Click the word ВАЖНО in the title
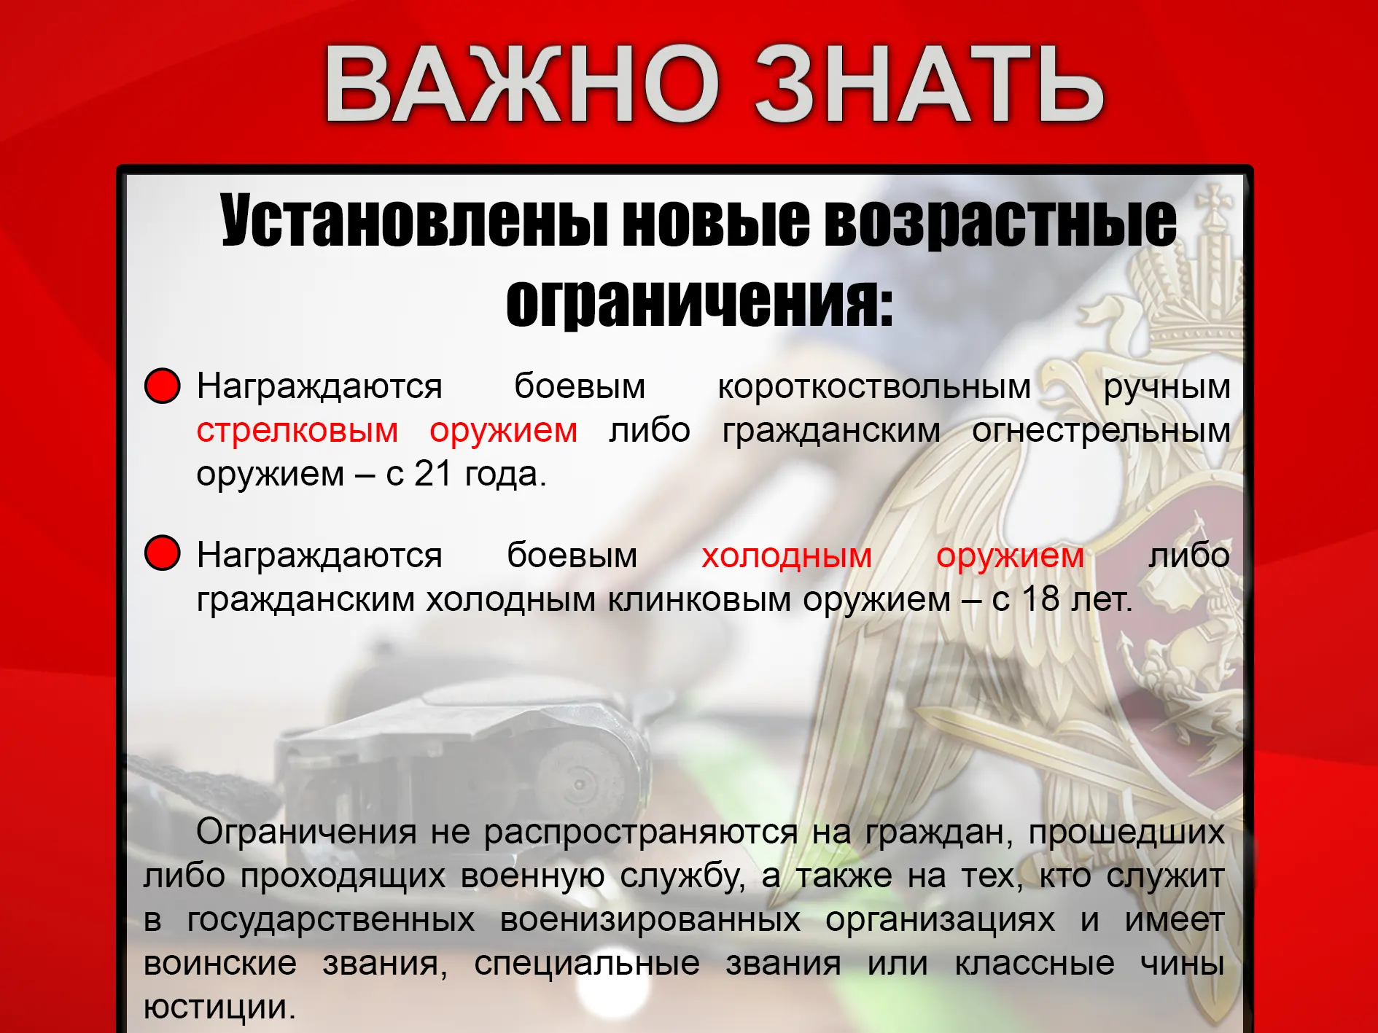(x=522, y=83)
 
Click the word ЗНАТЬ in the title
(x=929, y=83)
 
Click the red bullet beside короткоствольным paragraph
(x=162, y=386)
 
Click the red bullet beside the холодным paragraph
(x=162, y=553)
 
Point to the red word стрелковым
(x=297, y=431)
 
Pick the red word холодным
(x=787, y=556)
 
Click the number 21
(x=434, y=474)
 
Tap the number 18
(x=1040, y=599)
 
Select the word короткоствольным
(x=874, y=387)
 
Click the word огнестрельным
(x=1101, y=431)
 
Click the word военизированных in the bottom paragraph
(x=650, y=920)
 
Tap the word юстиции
(x=219, y=1008)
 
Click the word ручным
(x=1167, y=387)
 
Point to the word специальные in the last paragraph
(x=587, y=964)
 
